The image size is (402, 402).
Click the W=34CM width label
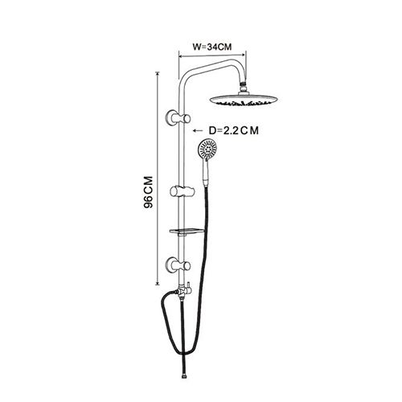pos(212,47)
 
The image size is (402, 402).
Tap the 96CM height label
pos(148,192)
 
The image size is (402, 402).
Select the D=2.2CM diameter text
pos(234,130)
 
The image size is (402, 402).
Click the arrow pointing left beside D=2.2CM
pos(198,131)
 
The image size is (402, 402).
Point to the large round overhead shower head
pos(243,99)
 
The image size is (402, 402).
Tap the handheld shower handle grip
pos(206,174)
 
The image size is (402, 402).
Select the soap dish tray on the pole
pos(187,232)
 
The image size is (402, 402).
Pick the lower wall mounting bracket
pos(178,265)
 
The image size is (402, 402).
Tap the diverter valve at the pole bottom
pos(182,292)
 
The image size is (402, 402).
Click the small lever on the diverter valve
pos(188,288)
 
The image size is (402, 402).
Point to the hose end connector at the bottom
pos(183,376)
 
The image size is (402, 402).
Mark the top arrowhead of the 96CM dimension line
pos(158,74)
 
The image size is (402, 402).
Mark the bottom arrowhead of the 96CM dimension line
pos(158,283)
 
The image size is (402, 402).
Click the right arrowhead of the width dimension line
pos(244,55)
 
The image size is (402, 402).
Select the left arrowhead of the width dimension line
pos(181,56)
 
